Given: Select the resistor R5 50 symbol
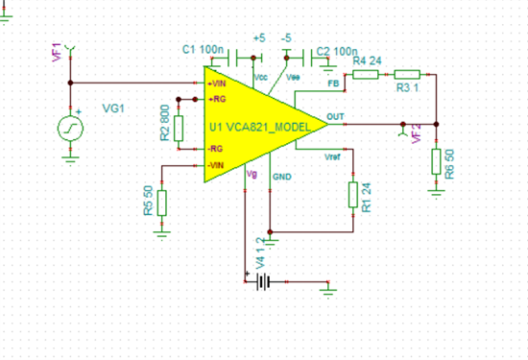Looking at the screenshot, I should pos(161,203).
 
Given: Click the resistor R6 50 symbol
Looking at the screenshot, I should pos(436,159).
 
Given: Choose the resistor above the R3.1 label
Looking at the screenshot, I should pos(407,73).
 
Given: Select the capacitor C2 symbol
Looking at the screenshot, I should pos(305,56).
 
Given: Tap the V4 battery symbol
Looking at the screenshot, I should pos(264,282).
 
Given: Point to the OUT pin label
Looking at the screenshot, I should pos(335,118).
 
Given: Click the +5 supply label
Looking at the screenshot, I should pos(258,37).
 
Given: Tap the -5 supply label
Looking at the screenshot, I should pos(286,37).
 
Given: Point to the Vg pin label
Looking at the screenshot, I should pos(252,174).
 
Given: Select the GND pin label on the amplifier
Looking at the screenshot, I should pos(282,178).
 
